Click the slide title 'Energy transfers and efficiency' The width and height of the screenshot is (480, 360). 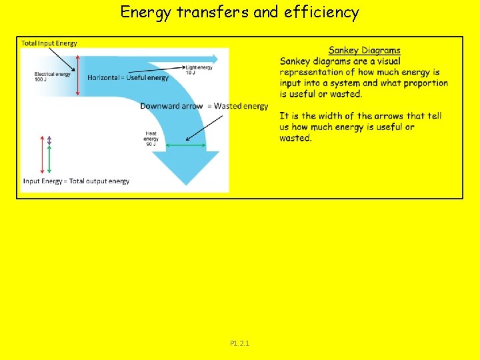point(240,12)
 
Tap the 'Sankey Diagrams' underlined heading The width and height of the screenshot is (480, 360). point(365,50)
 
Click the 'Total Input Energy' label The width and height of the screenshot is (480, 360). point(49,43)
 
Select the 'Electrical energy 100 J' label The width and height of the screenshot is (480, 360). point(53,77)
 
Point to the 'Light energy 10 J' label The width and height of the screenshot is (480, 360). point(199,70)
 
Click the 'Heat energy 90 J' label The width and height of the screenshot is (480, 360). point(151,139)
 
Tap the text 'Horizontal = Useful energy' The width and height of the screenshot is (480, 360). point(128,78)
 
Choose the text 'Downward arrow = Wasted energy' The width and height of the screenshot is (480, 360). point(204,106)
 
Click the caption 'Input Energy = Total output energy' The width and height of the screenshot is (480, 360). point(76,181)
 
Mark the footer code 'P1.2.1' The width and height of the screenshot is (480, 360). point(240,343)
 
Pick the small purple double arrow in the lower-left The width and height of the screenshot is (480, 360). point(49,141)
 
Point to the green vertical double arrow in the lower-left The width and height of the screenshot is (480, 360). point(49,161)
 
